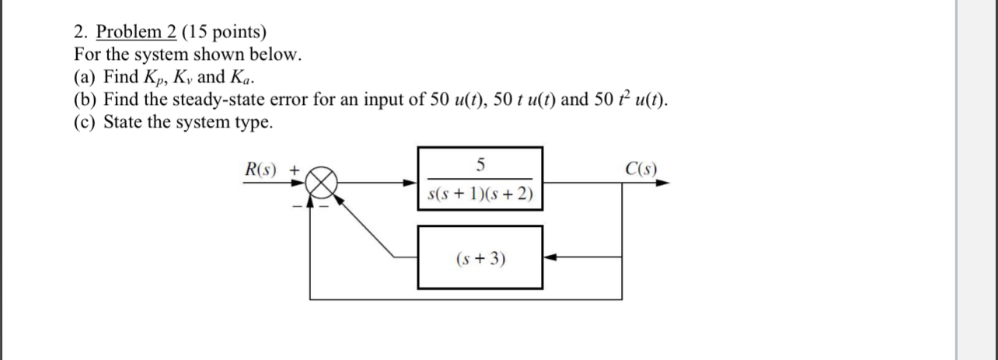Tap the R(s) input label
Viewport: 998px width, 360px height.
(x=261, y=169)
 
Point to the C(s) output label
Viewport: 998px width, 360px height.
(x=640, y=169)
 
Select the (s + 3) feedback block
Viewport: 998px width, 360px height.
(x=480, y=257)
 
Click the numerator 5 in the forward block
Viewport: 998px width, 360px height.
(x=480, y=164)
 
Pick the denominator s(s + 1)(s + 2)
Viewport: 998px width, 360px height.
(x=480, y=194)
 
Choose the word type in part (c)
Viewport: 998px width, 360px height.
(x=256, y=123)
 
